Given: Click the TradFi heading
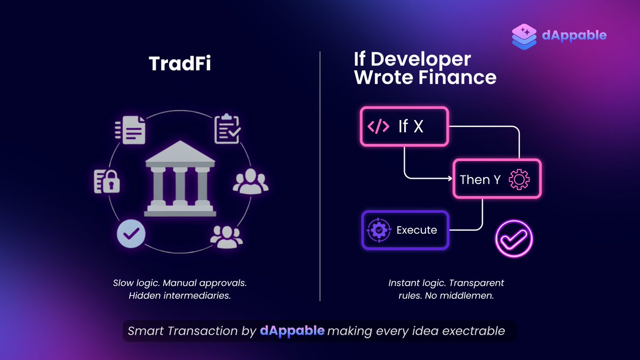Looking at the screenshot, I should (180, 64).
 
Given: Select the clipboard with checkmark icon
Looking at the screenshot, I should (227, 130).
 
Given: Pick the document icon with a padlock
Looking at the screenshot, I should (107, 181).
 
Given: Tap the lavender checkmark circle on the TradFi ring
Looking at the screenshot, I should (131, 233).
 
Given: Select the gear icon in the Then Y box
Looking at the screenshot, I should (519, 180).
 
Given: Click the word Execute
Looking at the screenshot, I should (417, 230).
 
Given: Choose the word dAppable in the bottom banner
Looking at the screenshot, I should (292, 331).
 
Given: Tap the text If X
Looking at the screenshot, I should (411, 127).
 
